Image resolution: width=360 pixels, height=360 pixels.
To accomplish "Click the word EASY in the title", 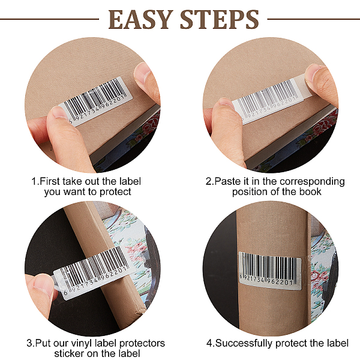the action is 140,19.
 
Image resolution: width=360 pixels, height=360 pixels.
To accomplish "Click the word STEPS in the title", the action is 220,19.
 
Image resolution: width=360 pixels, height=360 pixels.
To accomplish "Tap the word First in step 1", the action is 49,181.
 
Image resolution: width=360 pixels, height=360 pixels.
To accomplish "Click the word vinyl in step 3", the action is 81,343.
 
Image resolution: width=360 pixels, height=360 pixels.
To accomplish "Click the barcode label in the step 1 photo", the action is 96,101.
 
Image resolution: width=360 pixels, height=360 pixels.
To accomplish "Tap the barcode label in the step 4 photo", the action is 271,269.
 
